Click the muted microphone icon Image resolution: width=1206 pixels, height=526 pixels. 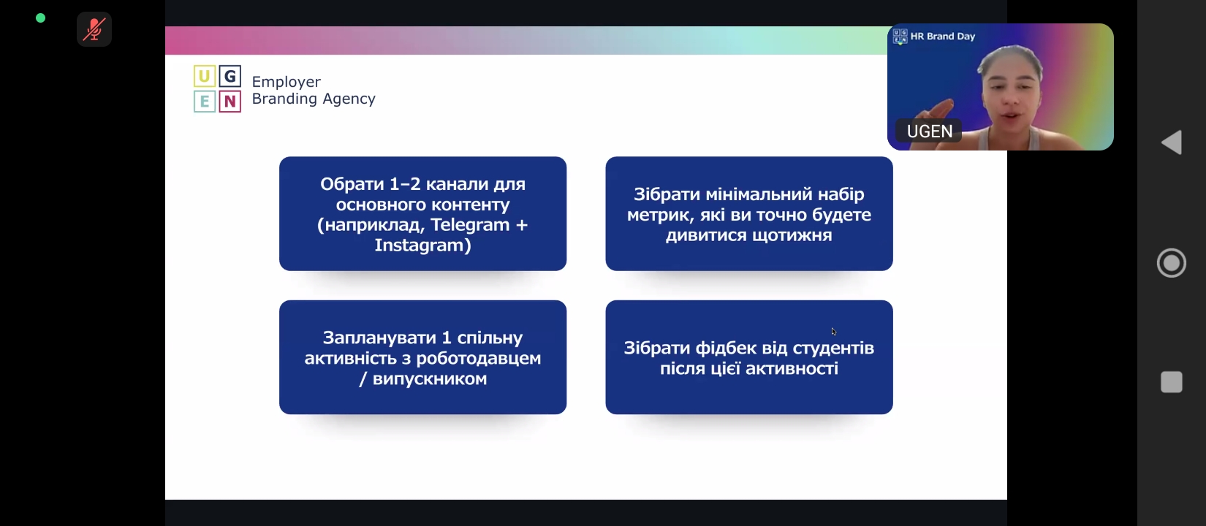tap(94, 29)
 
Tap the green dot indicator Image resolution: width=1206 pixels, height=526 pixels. tap(40, 18)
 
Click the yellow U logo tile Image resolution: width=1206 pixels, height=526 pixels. tap(204, 77)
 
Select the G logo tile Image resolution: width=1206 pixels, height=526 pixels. tap(230, 77)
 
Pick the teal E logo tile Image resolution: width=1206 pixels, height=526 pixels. tap(204, 102)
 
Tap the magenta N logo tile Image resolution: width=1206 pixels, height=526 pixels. tap(230, 102)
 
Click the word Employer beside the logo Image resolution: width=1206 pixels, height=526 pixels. tap(287, 83)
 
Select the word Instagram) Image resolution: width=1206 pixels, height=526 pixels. tap(422, 245)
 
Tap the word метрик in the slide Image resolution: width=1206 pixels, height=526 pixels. tap(660, 216)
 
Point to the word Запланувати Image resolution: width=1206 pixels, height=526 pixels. tap(379, 338)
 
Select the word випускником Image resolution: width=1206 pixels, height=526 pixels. tap(430, 379)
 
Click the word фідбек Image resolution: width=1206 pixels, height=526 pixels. tap(724, 348)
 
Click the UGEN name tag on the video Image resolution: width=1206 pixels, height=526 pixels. tap(929, 131)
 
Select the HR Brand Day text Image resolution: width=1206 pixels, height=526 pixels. tap(943, 37)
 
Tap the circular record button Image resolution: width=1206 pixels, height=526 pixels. tap(1172, 263)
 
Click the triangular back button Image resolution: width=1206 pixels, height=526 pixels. tap(1172, 142)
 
